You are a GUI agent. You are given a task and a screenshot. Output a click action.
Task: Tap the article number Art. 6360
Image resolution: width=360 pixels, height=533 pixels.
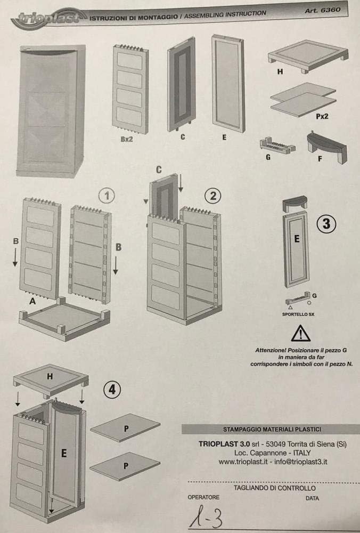322,10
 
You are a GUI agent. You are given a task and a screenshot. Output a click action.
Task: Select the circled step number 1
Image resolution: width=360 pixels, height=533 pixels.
107,196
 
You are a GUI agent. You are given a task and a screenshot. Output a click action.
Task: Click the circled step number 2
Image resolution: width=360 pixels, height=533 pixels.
213,196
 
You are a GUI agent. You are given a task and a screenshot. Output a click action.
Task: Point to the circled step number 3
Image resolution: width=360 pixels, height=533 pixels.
326,224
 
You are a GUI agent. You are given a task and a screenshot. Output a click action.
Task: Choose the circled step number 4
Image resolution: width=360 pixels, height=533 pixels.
112,390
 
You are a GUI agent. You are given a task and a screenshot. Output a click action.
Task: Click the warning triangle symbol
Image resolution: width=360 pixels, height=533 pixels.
300,333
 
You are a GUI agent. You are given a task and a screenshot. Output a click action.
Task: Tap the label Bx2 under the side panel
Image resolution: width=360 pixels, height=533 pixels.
127,139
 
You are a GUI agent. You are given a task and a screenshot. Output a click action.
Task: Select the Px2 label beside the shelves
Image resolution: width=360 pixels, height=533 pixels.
322,116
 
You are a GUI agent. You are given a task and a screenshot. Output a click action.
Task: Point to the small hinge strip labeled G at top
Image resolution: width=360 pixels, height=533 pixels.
277,146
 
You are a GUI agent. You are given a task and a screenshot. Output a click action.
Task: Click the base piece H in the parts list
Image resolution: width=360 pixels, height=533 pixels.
308,56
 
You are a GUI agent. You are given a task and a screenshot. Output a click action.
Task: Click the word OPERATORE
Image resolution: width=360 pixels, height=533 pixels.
203,497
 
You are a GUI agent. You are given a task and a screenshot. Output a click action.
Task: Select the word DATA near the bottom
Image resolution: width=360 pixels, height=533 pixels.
312,498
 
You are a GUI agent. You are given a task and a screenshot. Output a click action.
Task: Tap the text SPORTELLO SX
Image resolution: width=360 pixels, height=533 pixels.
298,314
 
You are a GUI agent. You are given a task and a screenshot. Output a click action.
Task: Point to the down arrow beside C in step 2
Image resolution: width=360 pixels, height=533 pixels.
181,184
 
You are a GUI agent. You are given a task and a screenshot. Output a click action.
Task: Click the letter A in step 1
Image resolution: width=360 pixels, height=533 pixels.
32,301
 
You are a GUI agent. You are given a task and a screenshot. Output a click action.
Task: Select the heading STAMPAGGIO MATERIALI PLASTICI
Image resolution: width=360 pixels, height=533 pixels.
272,429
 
